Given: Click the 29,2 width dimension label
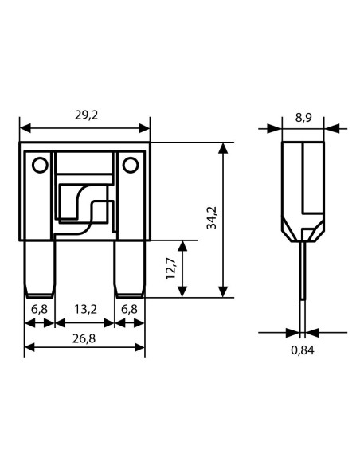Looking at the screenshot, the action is (x=86, y=115).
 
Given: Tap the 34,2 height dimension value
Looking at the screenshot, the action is (x=212, y=217).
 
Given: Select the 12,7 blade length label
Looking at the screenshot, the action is (x=170, y=268).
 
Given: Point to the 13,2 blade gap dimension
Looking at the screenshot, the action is (x=85, y=309).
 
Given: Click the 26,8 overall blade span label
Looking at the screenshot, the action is (x=84, y=338).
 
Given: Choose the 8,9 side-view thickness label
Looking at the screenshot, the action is (x=303, y=118).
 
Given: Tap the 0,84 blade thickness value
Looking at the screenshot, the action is (x=302, y=350).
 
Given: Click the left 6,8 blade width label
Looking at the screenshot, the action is (x=39, y=309).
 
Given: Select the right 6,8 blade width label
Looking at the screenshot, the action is (x=129, y=309).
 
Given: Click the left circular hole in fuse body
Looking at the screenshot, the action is (x=40, y=165).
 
